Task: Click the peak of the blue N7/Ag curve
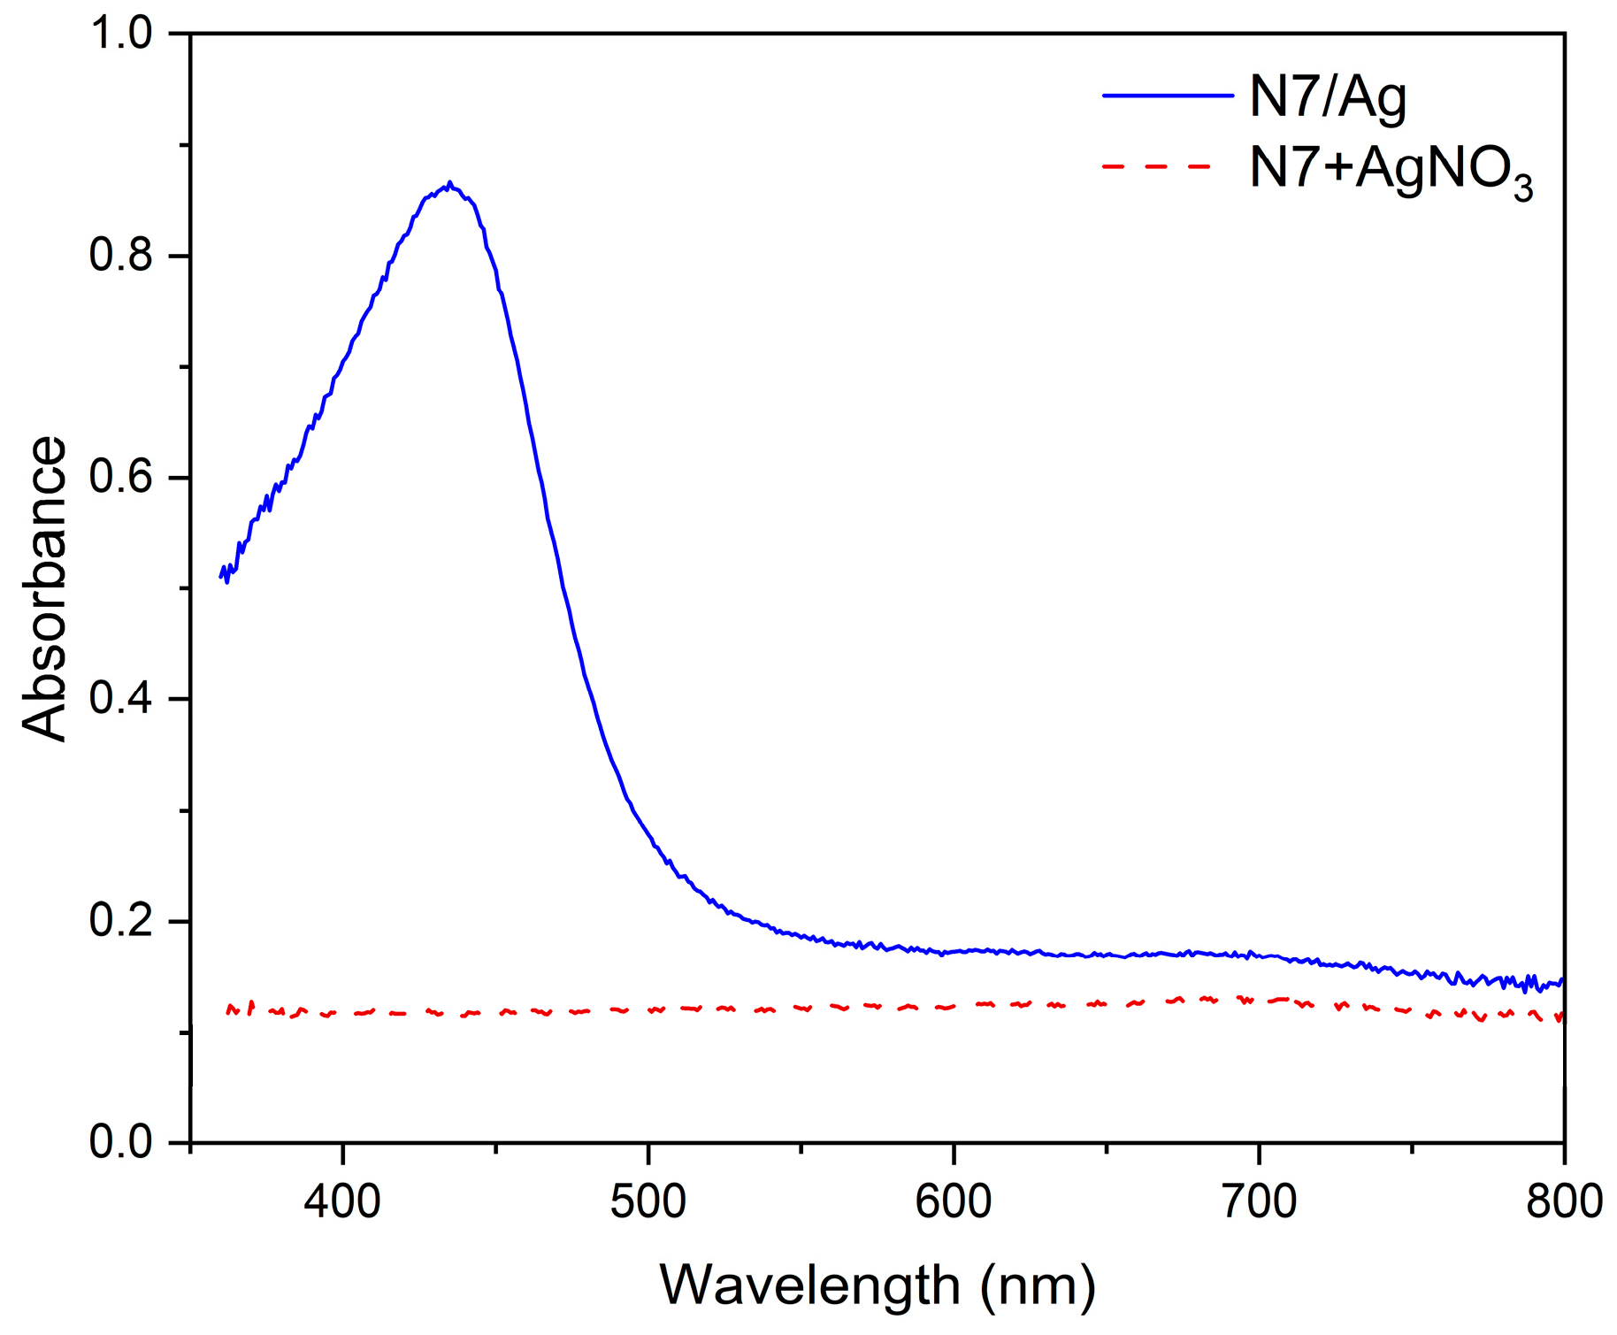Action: coord(449,184)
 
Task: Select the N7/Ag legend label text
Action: coord(1327,97)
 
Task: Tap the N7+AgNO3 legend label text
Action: coord(1389,168)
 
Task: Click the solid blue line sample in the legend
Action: coord(1167,95)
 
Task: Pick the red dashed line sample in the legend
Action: coord(1157,165)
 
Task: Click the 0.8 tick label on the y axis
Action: coord(122,256)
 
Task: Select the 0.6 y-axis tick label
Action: coord(122,478)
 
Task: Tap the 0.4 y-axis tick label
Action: coord(122,699)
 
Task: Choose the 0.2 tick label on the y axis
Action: coord(122,921)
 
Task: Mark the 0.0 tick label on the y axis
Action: coord(122,1142)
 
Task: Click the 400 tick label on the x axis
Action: coord(342,1201)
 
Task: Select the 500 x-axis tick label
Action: coord(648,1201)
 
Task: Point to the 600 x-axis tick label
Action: coord(954,1201)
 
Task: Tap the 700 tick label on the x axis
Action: coord(1259,1201)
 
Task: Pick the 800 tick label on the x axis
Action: coord(1564,1201)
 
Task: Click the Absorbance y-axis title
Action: coord(44,588)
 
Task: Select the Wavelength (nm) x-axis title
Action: coord(877,1285)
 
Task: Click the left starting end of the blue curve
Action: coord(221,576)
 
